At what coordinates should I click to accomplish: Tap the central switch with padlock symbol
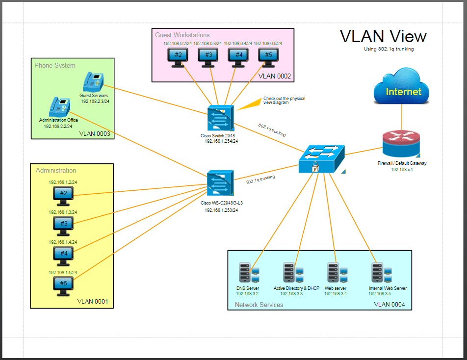[321, 158]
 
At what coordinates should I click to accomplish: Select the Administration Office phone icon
[59, 106]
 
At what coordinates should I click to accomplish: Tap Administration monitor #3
[63, 225]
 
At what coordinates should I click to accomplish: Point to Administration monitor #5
[63, 285]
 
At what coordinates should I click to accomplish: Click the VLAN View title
[383, 36]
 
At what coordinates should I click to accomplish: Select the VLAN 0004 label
[390, 305]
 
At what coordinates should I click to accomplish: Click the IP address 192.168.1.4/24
[63, 242]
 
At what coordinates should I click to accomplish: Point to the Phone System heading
[55, 65]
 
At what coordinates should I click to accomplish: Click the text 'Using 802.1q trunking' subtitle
[389, 49]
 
